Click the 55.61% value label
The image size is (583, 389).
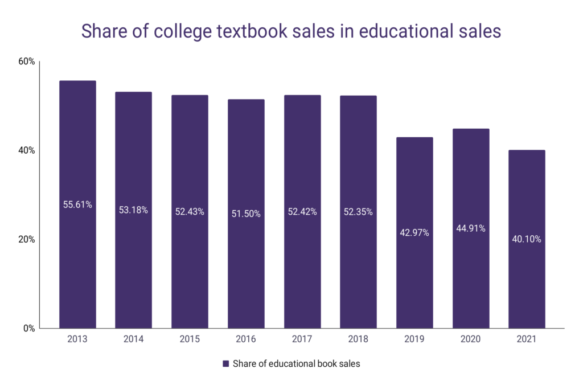77,204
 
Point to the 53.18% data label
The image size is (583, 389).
134,210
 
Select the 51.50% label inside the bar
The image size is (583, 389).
246,214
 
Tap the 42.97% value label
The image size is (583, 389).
414,232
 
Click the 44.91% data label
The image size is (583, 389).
471,228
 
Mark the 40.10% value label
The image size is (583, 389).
527,239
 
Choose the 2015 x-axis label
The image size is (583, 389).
190,339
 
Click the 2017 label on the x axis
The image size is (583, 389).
302,339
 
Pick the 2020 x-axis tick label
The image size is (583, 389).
471,339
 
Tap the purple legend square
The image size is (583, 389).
225,364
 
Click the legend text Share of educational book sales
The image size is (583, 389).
296,364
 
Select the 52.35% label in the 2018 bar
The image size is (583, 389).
358,212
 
